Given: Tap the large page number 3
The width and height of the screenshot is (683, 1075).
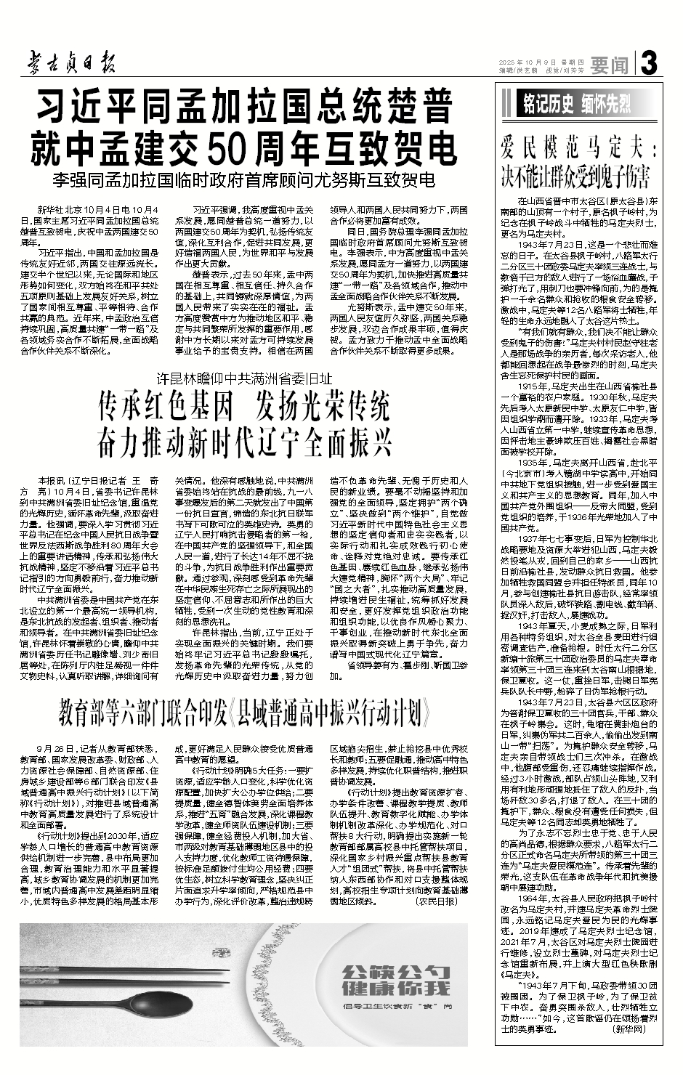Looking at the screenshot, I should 648,65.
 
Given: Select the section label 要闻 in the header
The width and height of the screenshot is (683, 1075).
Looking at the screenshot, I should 609,65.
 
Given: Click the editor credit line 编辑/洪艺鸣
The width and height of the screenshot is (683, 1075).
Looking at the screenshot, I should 517,70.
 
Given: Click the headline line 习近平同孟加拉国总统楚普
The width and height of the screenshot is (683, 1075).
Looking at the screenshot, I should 246,109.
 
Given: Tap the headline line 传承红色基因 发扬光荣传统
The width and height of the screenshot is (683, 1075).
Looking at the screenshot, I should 245,409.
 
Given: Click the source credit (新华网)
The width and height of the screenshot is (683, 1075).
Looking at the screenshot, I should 629,1029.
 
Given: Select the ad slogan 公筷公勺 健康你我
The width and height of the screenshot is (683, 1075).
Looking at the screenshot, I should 393,981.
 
